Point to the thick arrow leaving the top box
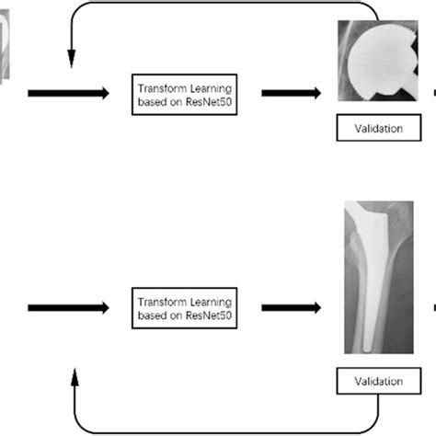[x=290, y=94]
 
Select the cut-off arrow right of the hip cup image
[x=432, y=92]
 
